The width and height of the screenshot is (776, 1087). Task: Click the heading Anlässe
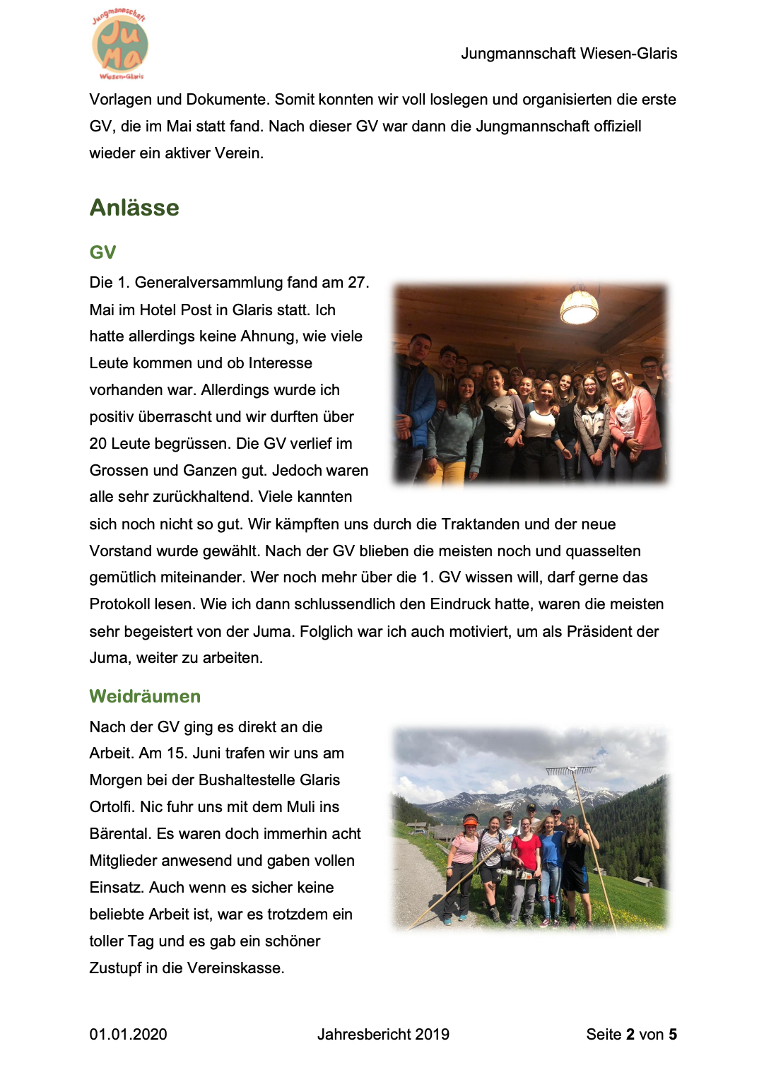pyautogui.click(x=134, y=208)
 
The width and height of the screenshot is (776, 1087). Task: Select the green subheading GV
pyautogui.click(x=102, y=252)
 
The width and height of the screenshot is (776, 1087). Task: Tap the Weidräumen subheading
pyautogui.click(x=145, y=696)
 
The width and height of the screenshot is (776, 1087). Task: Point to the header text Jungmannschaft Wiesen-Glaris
pyautogui.click(x=569, y=54)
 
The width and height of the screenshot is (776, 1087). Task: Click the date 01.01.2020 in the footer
pyautogui.click(x=128, y=1035)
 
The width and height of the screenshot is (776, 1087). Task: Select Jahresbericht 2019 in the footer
pyautogui.click(x=383, y=1035)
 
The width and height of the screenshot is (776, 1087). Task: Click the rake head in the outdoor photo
pyautogui.click(x=570, y=770)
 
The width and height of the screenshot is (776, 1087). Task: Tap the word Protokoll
pyautogui.click(x=121, y=605)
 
